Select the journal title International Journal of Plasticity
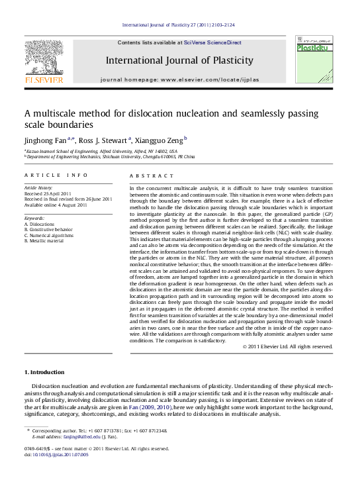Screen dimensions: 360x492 point(179,60)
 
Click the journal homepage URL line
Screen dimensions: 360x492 point(179,79)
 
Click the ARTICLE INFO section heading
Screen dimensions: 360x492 point(56,175)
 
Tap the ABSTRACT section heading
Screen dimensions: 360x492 point(142,175)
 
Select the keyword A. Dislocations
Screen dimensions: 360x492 point(39,224)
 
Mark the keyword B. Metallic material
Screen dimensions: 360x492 point(44,240)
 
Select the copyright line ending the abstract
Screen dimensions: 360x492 point(287,346)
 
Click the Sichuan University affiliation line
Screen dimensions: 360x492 point(110,156)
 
